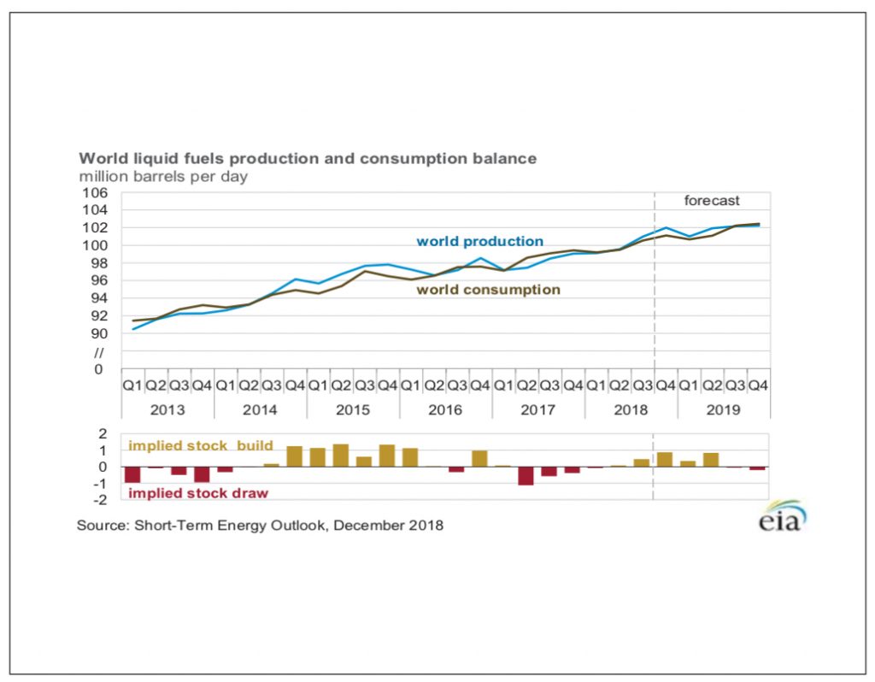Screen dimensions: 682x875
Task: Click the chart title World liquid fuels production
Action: pyautogui.click(x=308, y=159)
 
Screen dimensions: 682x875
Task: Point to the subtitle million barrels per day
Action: pyautogui.click(x=163, y=177)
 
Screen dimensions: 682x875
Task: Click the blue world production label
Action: pyautogui.click(x=479, y=242)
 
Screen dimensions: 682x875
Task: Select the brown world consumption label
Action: pyautogui.click(x=488, y=290)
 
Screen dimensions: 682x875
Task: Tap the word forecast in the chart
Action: pyautogui.click(x=712, y=201)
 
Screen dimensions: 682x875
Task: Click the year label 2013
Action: pyautogui.click(x=167, y=410)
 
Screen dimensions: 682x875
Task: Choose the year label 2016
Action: pyautogui.click(x=445, y=410)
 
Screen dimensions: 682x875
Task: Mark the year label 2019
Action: pyautogui.click(x=723, y=410)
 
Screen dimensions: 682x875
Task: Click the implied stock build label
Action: pyautogui.click(x=201, y=446)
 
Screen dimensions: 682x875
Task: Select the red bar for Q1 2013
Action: pyautogui.click(x=132, y=475)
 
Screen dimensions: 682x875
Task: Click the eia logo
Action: pyautogui.click(x=781, y=517)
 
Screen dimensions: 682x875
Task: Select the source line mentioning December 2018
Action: pyautogui.click(x=260, y=526)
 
